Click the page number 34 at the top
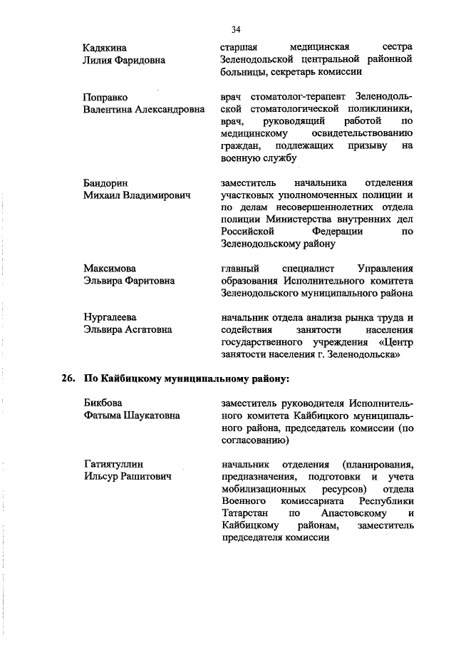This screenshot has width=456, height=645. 236,29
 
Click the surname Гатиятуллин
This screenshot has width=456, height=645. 113,465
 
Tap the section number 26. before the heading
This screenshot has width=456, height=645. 68,378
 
